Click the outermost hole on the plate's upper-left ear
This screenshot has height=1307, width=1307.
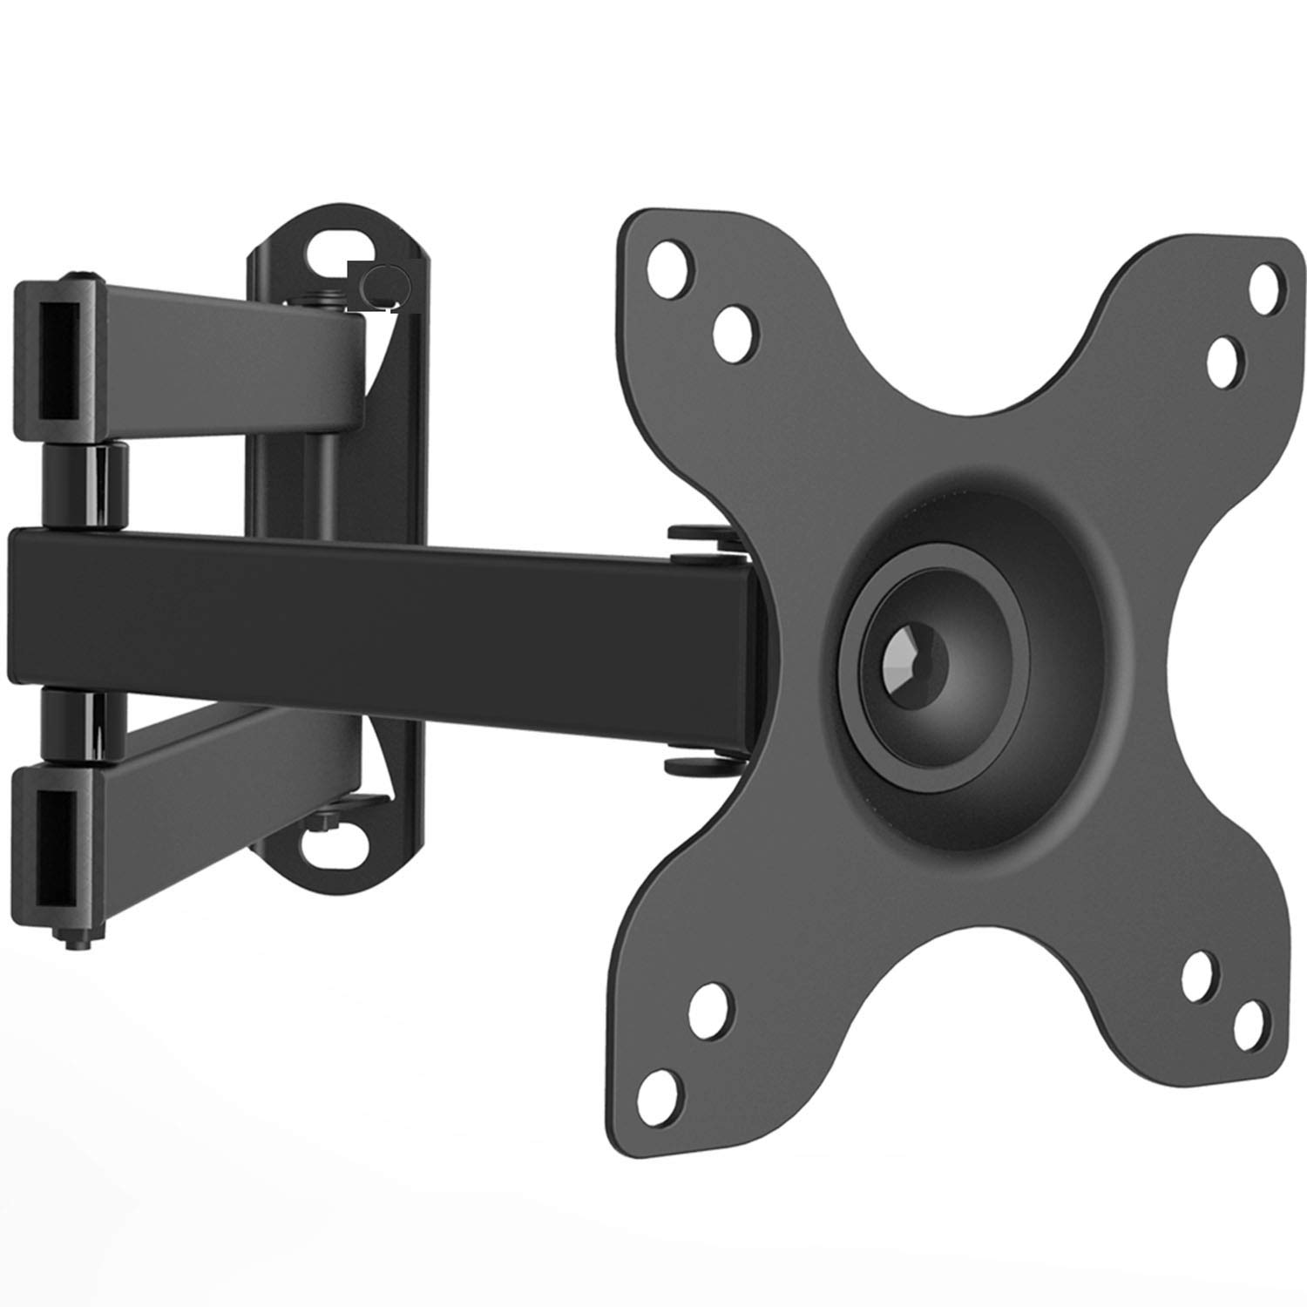pyautogui.click(x=673, y=258)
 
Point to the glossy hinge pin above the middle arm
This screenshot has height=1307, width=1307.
pyautogui.click(x=85, y=485)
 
